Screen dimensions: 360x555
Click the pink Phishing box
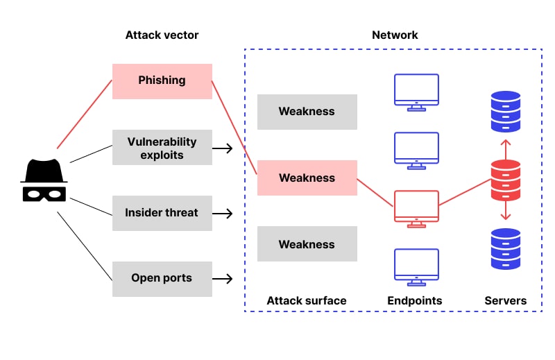162,80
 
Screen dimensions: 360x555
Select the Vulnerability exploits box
162,148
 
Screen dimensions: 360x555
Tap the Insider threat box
162,213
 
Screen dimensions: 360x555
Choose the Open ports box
162,279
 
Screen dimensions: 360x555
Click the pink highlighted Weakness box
307,178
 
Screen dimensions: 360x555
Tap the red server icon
505,180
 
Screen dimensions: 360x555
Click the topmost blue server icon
505,112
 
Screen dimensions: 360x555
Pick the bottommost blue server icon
505,249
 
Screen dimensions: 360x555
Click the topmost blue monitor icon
416,91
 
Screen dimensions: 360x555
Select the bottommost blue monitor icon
416,266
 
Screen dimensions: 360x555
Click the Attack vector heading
162,35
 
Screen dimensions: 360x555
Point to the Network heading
395,35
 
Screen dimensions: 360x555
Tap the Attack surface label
307,301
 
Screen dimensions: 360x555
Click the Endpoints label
415,301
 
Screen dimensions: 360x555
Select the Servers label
505,301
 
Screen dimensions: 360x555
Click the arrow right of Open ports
222,279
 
